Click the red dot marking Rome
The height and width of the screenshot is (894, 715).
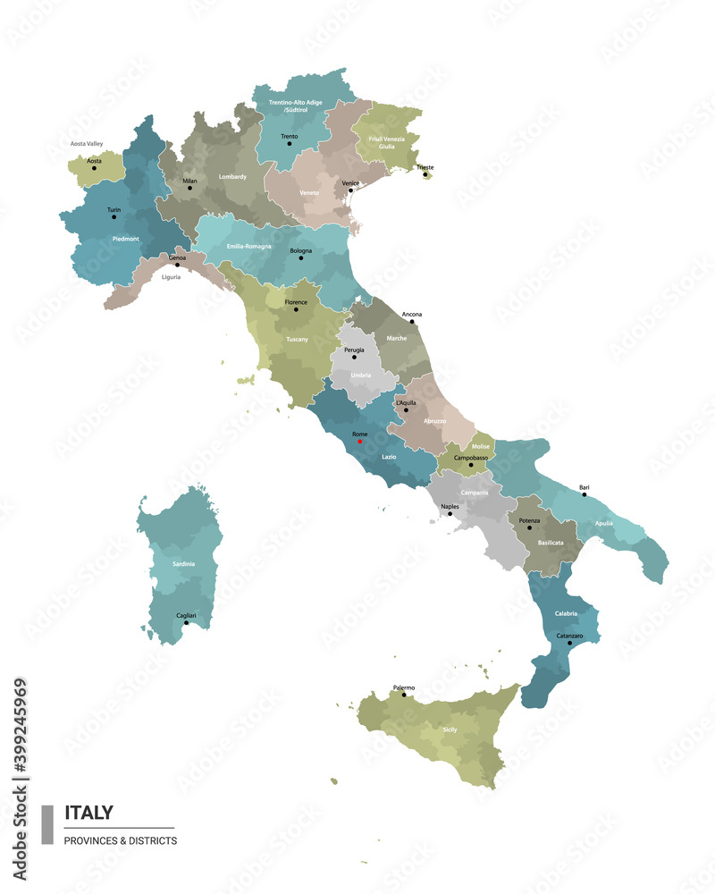coord(360,441)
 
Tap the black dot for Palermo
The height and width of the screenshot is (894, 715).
coord(404,695)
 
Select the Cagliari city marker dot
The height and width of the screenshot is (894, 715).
coord(186,622)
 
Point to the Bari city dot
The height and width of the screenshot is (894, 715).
coord(585,494)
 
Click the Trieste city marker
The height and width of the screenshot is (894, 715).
coord(425,174)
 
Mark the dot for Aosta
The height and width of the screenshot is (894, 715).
coord(94,167)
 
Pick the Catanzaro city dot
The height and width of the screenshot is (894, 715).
coord(570,643)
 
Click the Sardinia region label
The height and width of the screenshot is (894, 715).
coord(184,565)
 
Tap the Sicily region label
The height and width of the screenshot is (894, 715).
coord(450,730)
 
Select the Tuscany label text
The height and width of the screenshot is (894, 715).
coord(297,340)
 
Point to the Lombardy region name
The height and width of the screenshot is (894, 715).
coord(232,177)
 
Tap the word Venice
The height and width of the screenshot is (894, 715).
coord(350,182)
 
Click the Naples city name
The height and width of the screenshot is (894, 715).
coord(450,507)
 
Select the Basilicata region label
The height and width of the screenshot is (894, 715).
coord(551,543)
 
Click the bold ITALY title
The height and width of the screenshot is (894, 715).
coord(88,813)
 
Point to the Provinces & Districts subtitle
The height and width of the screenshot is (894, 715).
coord(121,840)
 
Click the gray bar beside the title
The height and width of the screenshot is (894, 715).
coord(47,824)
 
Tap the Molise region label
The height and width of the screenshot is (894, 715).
coord(480,445)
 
